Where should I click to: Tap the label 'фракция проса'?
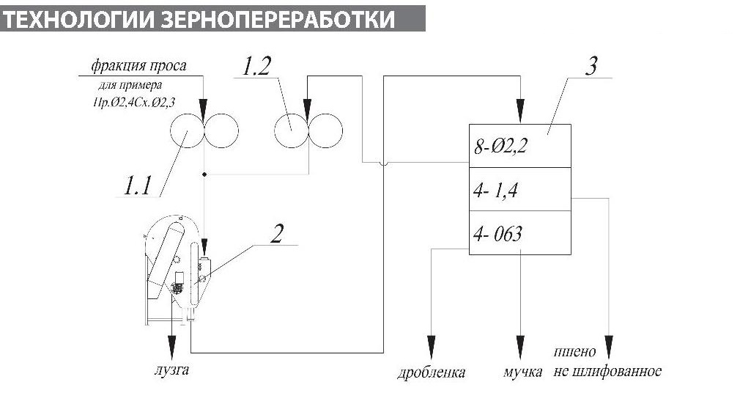138,66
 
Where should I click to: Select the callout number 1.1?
136,186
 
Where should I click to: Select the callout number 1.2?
256,67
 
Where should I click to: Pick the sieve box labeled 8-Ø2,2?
519,146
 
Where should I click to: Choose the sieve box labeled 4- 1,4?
519,189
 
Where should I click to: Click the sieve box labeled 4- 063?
519,234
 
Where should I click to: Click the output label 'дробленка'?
431,372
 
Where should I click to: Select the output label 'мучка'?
522,372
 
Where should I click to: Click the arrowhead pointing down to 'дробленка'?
431,345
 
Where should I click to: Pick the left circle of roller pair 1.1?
186,132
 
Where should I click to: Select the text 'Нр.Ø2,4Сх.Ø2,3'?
130,99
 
